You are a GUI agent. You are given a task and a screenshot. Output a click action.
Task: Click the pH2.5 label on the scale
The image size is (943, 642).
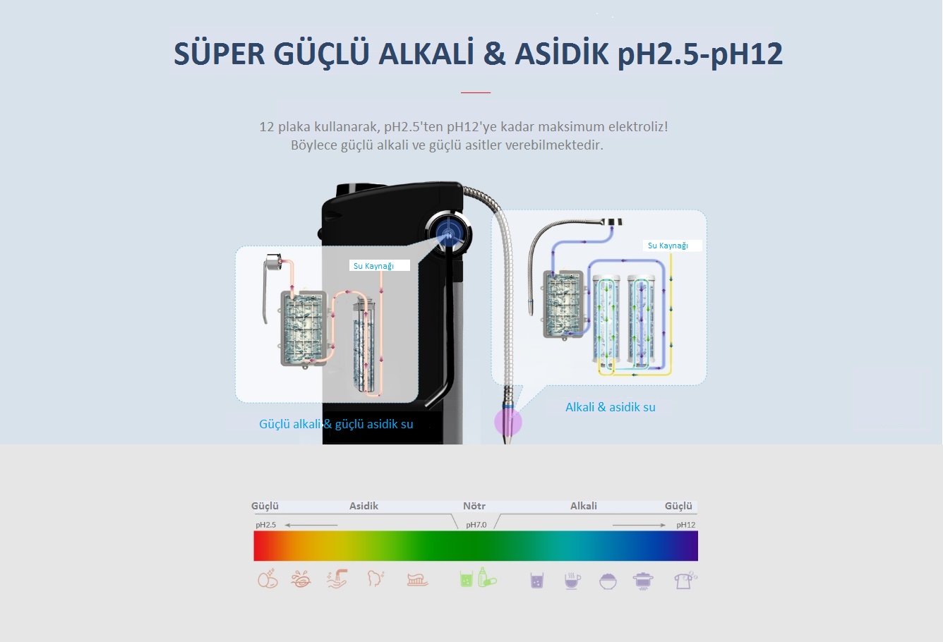click(265, 525)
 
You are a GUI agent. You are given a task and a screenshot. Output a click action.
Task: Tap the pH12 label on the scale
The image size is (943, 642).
click(685, 525)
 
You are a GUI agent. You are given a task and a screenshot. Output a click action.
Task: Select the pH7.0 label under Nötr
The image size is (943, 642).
click(476, 525)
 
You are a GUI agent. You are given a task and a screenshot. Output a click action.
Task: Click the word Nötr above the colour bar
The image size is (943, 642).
click(474, 506)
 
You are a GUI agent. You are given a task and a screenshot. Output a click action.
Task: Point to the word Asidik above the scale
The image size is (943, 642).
click(364, 506)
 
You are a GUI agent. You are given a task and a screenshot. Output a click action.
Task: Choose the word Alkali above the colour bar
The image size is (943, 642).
click(584, 506)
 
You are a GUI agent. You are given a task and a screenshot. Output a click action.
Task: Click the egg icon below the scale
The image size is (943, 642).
click(268, 579)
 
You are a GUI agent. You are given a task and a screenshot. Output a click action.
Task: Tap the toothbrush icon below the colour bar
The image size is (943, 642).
click(418, 580)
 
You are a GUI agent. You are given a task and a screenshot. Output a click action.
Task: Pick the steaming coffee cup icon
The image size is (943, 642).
click(572, 581)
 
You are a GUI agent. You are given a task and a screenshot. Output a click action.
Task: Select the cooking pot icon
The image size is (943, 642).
click(643, 581)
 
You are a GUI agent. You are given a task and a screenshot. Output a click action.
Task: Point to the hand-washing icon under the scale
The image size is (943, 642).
click(337, 579)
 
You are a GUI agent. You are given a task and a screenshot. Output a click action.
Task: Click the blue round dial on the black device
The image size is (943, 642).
click(448, 231)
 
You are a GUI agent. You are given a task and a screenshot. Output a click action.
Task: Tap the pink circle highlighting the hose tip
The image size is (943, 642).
click(508, 422)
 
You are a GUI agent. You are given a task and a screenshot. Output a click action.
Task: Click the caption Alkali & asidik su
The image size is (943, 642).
click(611, 407)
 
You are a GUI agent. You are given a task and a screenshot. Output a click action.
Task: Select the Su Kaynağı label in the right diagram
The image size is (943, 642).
click(668, 246)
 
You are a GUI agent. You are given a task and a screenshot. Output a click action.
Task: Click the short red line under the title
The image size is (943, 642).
click(475, 92)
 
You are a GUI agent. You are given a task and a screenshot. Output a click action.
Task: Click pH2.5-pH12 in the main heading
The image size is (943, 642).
click(700, 54)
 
